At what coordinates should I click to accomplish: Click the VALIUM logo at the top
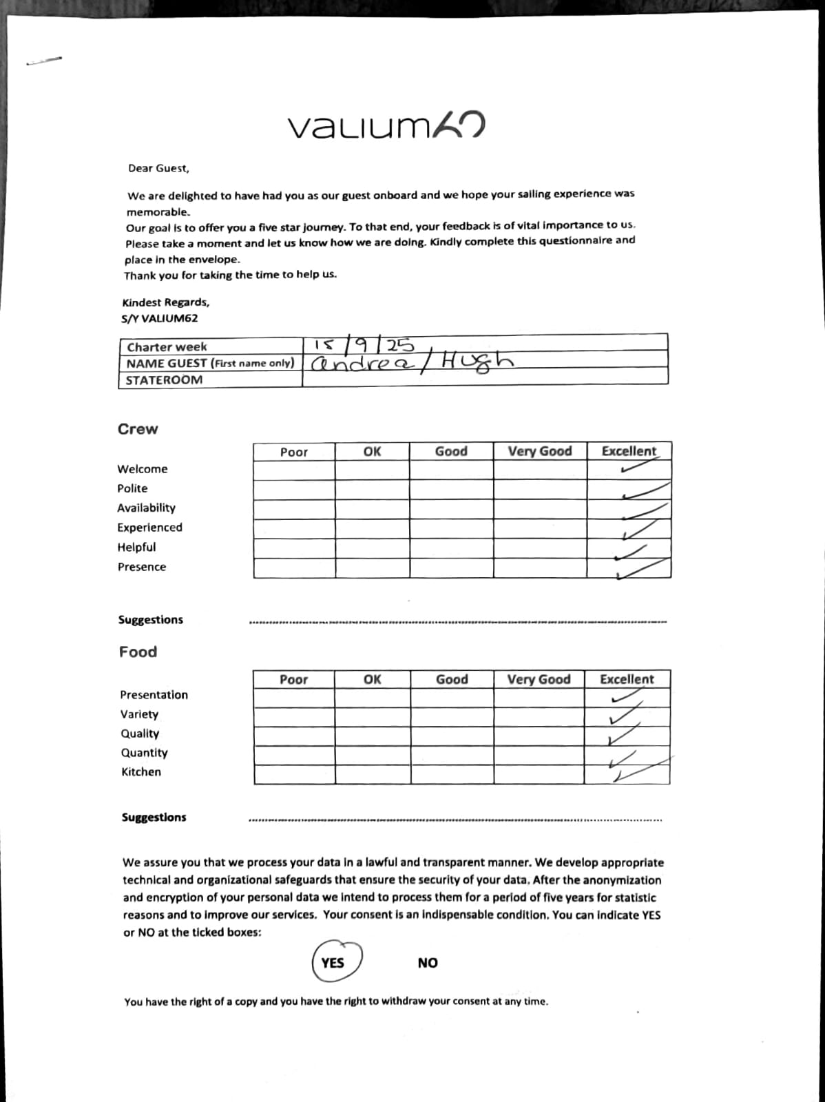pos(386,125)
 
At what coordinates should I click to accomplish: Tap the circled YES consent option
pos(334,962)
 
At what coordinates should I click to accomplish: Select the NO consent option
pos(428,963)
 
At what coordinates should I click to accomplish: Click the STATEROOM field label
pos(164,380)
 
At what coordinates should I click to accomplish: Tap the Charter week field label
pos(167,346)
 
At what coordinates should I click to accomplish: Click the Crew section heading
pos(138,429)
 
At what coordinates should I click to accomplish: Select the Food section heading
pos(138,652)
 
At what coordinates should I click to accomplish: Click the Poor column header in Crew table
pos(294,452)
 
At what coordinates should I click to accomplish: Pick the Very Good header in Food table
pos(539,679)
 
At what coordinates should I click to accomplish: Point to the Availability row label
pos(146,508)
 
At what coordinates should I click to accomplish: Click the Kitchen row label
pos(141,772)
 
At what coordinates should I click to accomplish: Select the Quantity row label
pos(145,753)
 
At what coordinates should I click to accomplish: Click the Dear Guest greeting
pos(158,168)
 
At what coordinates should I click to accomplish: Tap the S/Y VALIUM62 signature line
pos(159,318)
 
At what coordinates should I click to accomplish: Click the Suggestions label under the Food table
pos(154,818)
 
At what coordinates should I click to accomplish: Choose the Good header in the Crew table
pos(451,451)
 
